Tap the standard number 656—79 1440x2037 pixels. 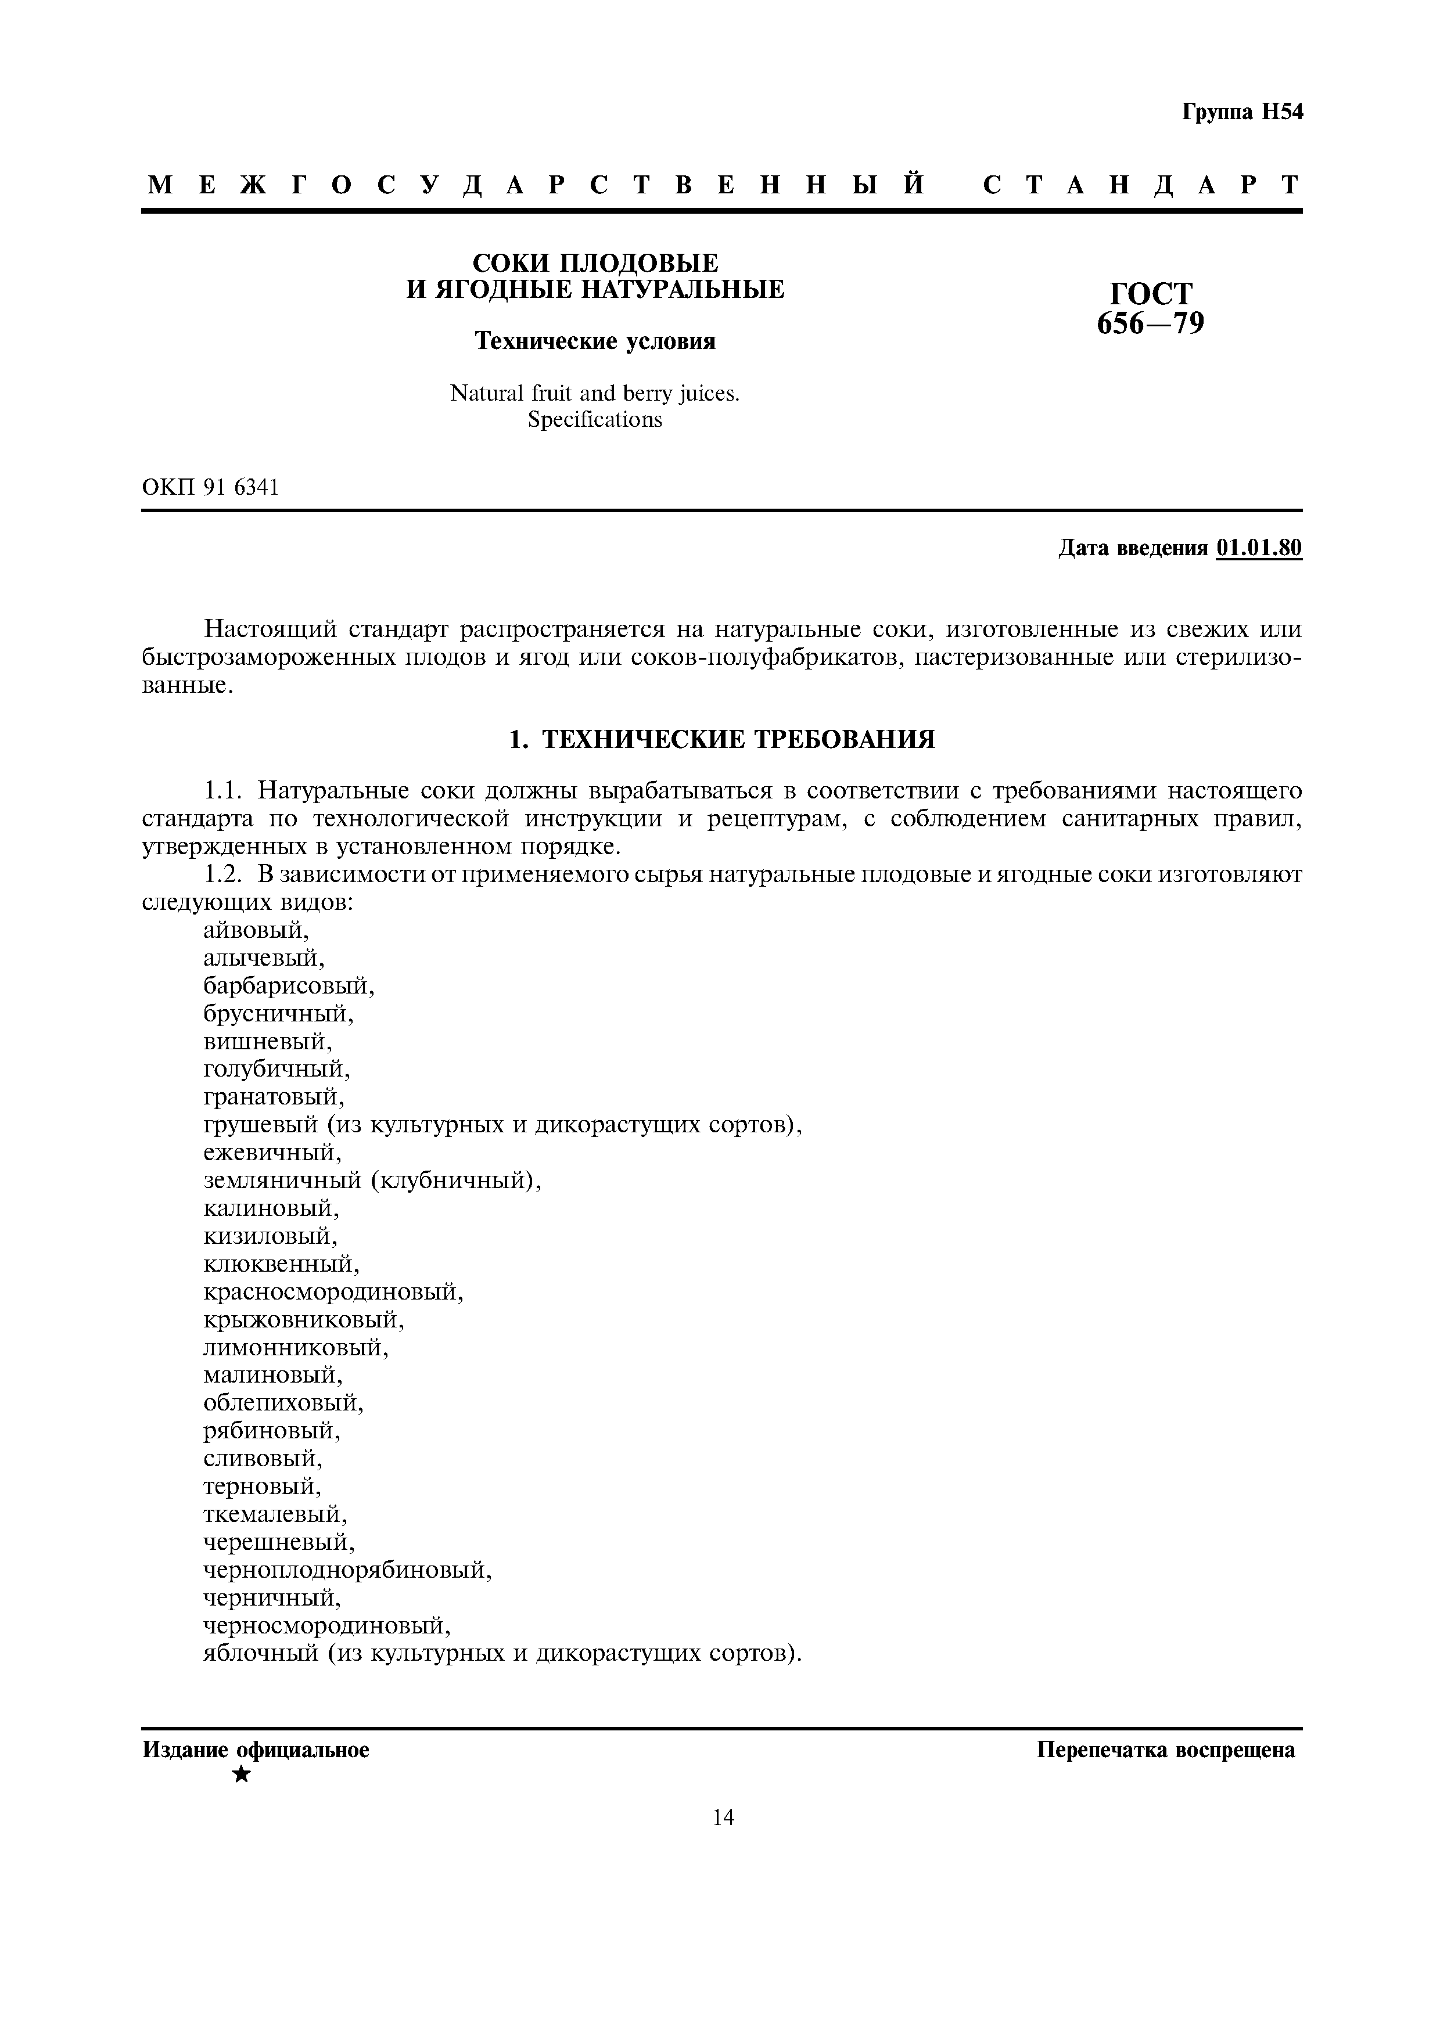(x=1151, y=324)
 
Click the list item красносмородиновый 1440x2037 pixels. (x=333, y=1292)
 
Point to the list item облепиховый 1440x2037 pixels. (x=283, y=1403)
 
